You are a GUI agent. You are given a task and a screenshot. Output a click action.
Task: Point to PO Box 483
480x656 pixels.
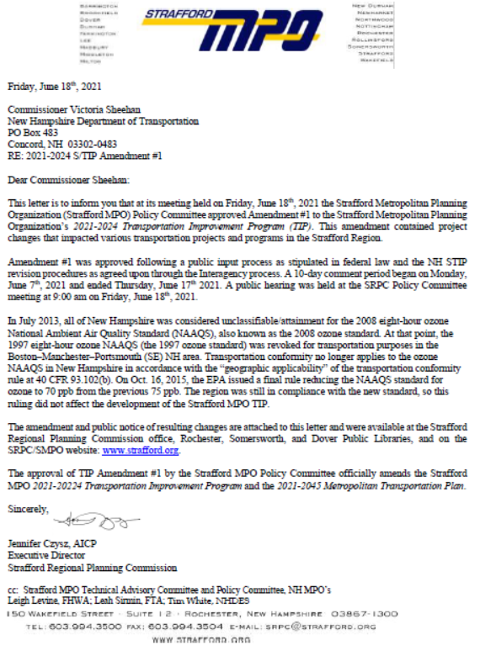point(34,132)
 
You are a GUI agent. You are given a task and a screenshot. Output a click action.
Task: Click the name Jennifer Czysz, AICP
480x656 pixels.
point(51,545)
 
